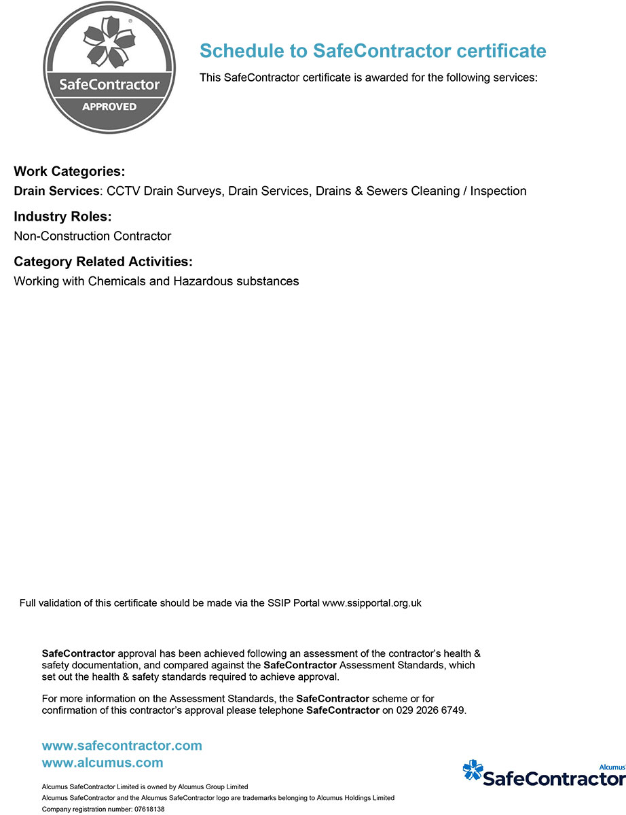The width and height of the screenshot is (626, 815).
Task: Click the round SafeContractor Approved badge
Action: [109, 69]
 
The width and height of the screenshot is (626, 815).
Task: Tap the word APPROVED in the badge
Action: [109, 107]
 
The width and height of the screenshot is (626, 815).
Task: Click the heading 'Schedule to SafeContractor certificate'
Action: [373, 51]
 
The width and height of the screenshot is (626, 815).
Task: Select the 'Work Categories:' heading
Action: [69, 171]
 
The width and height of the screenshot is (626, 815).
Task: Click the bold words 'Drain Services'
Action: [56, 191]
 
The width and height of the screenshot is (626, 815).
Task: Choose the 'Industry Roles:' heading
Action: [62, 217]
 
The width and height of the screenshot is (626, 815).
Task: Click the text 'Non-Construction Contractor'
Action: [92, 236]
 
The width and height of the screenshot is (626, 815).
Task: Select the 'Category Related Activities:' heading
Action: [103, 261]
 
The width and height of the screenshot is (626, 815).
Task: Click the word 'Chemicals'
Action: [117, 281]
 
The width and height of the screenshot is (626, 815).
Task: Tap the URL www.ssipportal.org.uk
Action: [371, 602]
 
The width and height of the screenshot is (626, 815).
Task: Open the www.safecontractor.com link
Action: [122, 746]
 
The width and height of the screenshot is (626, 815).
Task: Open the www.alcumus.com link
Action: [103, 763]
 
